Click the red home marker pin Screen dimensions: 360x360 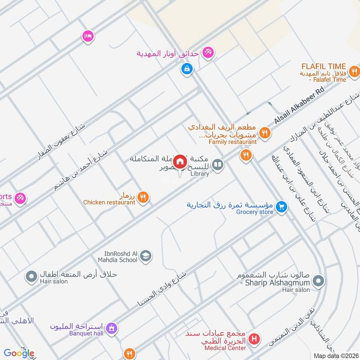pyautogui.click(x=180, y=161)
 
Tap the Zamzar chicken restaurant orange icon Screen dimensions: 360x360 pyautogui.click(x=143, y=197)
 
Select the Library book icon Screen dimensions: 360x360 pyautogui.click(x=218, y=165)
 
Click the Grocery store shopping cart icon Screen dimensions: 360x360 pyautogui.click(x=282, y=207)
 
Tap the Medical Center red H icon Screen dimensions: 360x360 pyautogui.click(x=254, y=339)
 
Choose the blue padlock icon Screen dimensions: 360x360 pyautogui.click(x=186, y=69)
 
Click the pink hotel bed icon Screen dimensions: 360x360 pyautogui.click(x=87, y=36)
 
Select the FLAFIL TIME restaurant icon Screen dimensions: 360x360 pyautogui.click(x=355, y=71)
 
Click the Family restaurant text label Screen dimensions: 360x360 pyautogui.click(x=232, y=142)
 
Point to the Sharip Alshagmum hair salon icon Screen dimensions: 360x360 pyautogui.click(x=318, y=281)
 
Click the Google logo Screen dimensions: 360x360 pyautogui.click(x=19, y=353)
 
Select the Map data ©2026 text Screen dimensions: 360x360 pyautogui.click(x=335, y=356)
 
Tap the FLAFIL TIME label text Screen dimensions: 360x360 pyautogui.click(x=324, y=66)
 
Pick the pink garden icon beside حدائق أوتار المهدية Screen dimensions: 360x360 pyautogui.click(x=207, y=53)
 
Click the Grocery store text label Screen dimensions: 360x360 pyautogui.click(x=254, y=212)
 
